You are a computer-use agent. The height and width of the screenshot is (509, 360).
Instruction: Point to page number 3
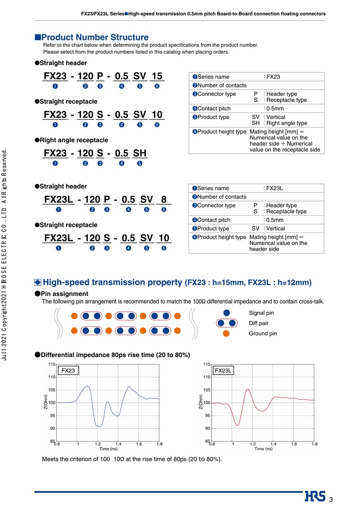click(331, 500)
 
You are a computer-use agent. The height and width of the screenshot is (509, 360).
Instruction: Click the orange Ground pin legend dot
click(227, 333)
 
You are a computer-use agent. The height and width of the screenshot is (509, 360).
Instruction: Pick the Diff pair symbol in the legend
click(227, 323)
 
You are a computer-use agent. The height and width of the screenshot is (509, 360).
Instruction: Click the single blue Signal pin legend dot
click(227, 313)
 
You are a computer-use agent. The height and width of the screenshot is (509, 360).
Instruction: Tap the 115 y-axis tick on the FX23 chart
click(52, 364)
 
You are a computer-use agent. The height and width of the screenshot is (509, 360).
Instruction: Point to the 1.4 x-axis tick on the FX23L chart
click(273, 444)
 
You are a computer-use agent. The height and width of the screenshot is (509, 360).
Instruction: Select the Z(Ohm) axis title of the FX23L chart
click(200, 402)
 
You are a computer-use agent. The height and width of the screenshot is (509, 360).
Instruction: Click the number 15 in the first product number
click(157, 76)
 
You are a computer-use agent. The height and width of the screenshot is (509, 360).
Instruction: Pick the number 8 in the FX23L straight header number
click(163, 199)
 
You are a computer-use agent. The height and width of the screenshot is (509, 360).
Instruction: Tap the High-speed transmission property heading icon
click(38, 282)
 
